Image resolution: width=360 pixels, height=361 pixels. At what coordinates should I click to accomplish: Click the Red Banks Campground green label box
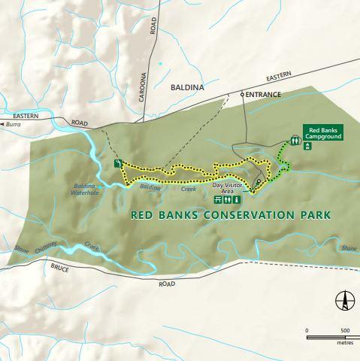click(323, 133)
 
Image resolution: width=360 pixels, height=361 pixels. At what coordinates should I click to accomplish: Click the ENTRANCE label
click(263, 95)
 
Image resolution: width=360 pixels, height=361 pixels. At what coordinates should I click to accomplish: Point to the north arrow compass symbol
click(345, 300)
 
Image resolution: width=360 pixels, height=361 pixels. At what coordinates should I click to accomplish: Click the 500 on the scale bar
click(345, 330)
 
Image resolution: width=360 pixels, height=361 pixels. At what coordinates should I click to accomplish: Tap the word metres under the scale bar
click(345, 342)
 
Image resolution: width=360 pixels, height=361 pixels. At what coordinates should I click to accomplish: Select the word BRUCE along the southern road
click(59, 267)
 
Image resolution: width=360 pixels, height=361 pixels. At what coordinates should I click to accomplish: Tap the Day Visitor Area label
click(228, 188)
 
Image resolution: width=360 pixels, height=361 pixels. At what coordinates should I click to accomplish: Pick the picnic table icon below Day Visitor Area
click(217, 201)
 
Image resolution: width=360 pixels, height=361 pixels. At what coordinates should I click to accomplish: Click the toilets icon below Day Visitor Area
click(228, 201)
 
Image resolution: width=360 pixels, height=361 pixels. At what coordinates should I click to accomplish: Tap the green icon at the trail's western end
click(117, 163)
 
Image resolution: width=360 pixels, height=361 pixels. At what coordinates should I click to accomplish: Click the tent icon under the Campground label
click(307, 147)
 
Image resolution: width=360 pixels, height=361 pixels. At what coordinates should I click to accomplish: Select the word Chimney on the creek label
click(66, 249)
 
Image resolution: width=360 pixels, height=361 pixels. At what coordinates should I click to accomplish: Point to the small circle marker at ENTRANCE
click(242, 95)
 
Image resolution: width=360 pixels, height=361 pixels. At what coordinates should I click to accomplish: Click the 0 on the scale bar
click(307, 330)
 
